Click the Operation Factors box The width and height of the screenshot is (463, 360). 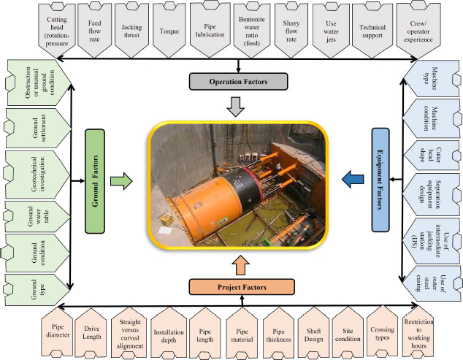[238, 82]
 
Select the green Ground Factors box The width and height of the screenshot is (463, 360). [95, 181]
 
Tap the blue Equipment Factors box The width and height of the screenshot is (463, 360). [380, 180]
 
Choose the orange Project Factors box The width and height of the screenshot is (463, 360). [242, 287]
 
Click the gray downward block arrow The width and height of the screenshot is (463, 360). [236, 107]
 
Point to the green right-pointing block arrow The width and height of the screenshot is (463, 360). [121, 181]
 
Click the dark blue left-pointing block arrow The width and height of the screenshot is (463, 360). [353, 179]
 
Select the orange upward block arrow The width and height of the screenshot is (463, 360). [241, 265]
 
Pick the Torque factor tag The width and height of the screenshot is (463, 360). [169, 31]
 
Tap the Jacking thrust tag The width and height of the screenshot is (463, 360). [131, 31]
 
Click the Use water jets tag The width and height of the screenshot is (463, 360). [331, 31]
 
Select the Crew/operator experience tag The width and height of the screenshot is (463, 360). [418, 31]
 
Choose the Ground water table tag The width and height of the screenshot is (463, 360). [38, 216]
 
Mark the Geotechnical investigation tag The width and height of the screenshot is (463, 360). [37, 175]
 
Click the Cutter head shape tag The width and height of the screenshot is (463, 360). [431, 155]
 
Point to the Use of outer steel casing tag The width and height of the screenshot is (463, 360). [431, 283]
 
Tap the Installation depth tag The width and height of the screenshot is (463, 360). [169, 332]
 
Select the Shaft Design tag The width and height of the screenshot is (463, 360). [313, 332]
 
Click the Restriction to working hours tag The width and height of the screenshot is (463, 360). [418, 332]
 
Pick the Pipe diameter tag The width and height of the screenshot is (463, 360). [57, 332]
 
